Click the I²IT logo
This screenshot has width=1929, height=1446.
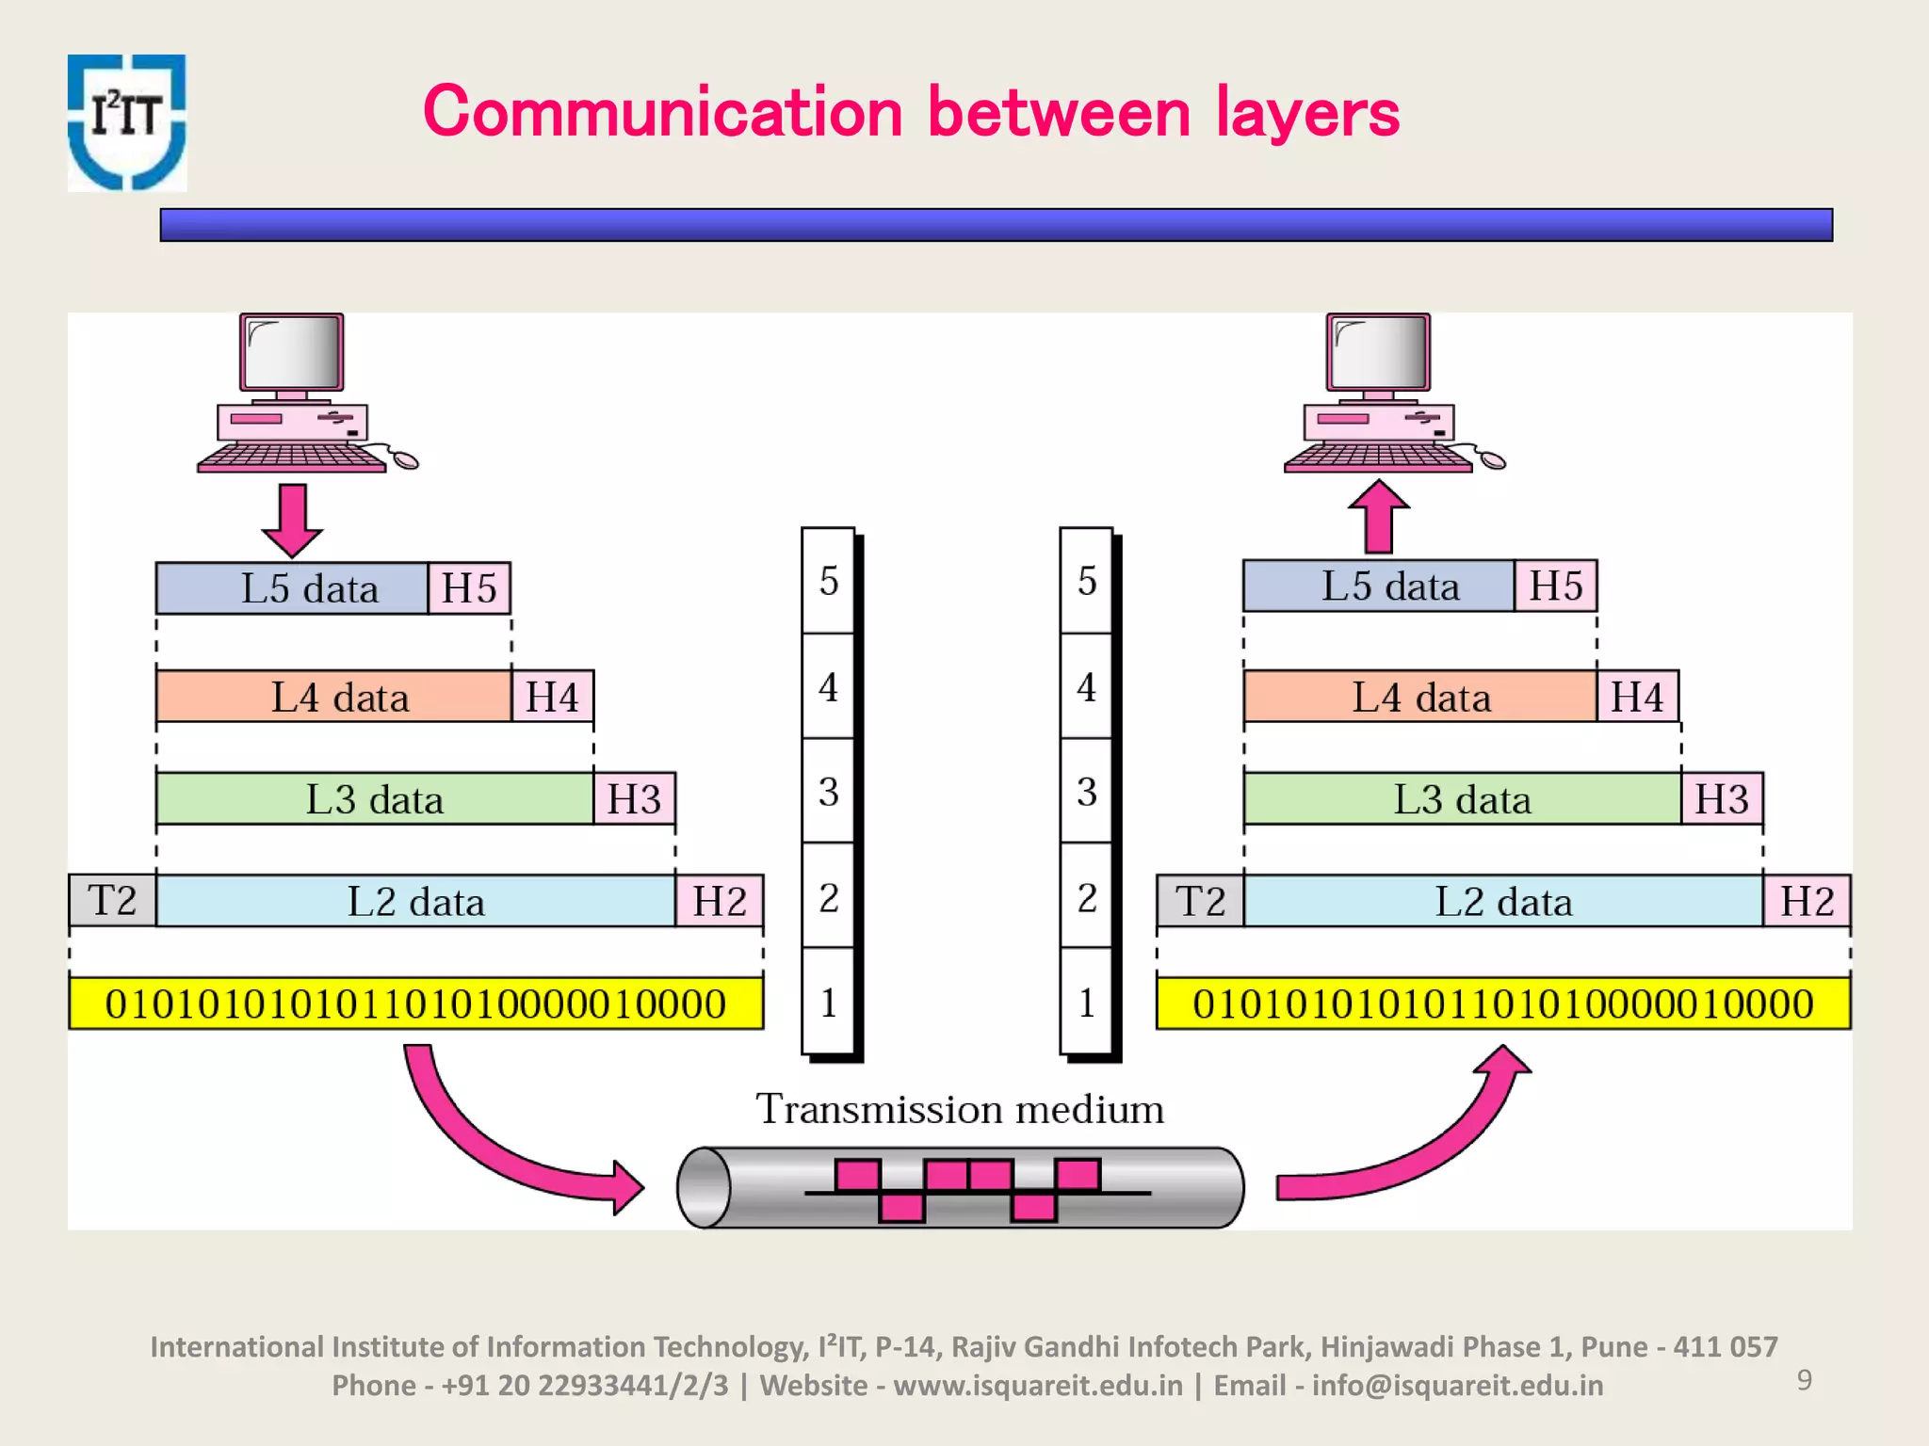pos(127,122)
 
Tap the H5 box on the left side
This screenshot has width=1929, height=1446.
pos(469,588)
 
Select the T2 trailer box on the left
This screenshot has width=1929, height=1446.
pos(112,901)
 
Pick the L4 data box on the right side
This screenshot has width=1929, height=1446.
pos(1420,698)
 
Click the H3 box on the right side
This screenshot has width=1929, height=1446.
pos(1721,799)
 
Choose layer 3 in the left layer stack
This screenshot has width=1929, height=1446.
pos(828,791)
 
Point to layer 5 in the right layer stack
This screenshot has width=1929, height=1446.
pos(1086,581)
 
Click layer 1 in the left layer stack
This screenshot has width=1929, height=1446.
pos(828,1002)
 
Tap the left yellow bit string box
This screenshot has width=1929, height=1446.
pos(415,1004)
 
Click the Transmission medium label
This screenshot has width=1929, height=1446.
pos(960,1109)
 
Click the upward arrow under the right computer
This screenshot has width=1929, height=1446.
pos(1378,517)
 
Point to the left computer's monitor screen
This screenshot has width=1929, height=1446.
pos(291,352)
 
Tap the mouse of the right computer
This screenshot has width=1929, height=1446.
pos(1492,460)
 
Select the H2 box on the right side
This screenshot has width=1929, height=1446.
pos(1806,901)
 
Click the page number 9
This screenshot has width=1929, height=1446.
pos(1804,1380)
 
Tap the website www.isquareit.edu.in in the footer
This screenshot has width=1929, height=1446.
pos(1037,1386)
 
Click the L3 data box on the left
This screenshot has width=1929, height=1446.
pos(374,799)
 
